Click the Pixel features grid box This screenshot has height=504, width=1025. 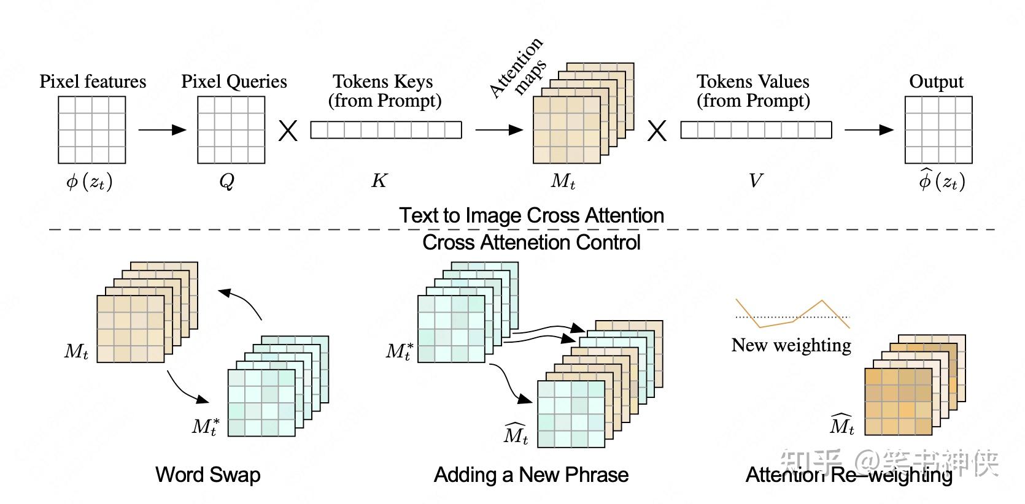(91, 130)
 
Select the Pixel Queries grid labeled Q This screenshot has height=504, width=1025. (231, 130)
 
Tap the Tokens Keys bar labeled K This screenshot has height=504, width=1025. (385, 130)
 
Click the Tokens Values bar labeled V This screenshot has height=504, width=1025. (756, 130)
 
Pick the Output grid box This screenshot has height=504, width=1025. (938, 130)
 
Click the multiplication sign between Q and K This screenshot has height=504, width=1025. (288, 131)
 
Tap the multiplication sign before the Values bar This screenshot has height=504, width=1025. (657, 131)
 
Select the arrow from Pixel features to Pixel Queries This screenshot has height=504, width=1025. (162, 129)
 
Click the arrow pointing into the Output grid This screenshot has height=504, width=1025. (868, 129)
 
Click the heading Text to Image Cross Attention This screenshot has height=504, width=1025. (531, 215)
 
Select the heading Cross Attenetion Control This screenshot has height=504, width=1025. (531, 242)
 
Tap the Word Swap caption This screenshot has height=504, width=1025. (207, 475)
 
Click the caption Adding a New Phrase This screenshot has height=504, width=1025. (531, 475)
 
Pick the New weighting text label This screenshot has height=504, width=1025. (791, 345)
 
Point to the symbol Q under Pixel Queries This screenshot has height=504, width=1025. (226, 181)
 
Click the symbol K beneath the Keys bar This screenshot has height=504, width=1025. (379, 180)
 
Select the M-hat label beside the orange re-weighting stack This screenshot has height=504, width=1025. (841, 424)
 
